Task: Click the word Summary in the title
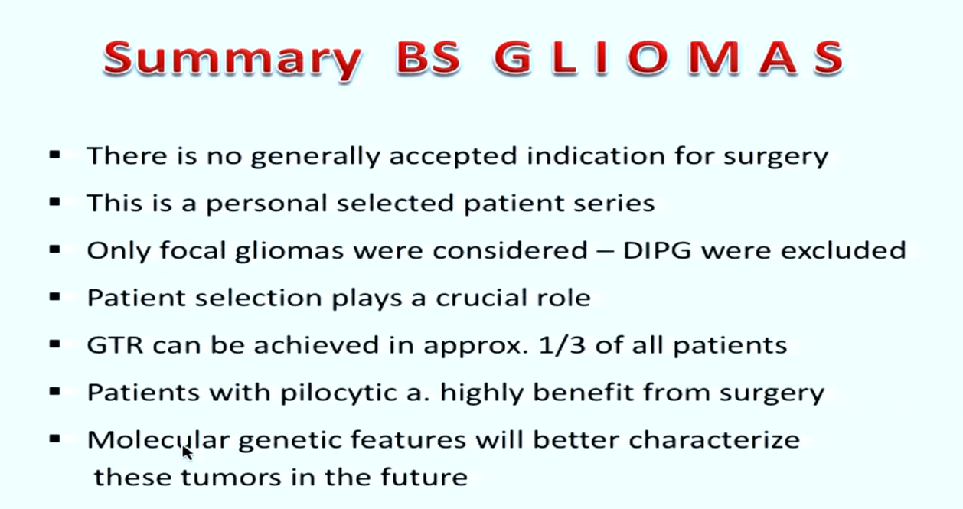233,60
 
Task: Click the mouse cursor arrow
188,452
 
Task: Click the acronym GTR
115,344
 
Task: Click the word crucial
481,298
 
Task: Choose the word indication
596,155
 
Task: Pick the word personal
266,204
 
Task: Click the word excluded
844,250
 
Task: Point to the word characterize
714,439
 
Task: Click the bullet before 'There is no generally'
55,155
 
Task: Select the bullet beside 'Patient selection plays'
55,297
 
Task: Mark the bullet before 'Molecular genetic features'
55,439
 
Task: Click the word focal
193,250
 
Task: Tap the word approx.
476,347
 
